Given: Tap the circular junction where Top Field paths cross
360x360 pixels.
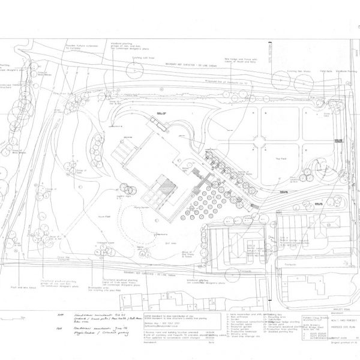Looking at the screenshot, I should point(261,142).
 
